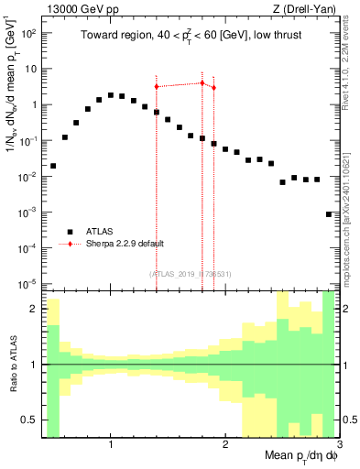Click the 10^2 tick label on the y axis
[x=27, y=33]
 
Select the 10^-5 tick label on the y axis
[x=27, y=283]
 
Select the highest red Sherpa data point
[x=202, y=82]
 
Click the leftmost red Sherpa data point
[x=157, y=86]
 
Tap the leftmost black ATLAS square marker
[x=53, y=166]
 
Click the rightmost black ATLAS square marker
[x=329, y=214]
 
